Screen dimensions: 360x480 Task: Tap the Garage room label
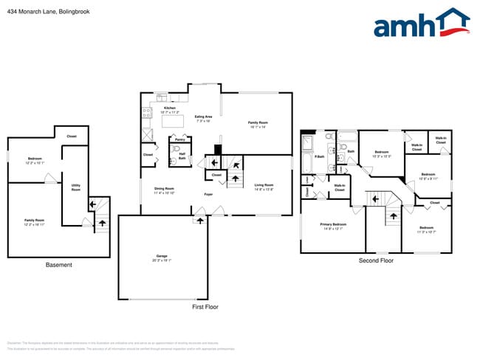tap(162, 257)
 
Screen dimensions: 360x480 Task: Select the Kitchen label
tap(170, 108)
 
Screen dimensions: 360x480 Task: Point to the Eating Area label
tap(203, 117)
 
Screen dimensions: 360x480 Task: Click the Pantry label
tap(179, 139)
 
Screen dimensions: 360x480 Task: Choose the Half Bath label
tap(182, 156)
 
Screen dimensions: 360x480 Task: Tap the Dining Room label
tap(165, 187)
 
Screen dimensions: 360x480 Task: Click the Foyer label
tap(209, 195)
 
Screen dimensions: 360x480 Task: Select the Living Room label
tap(264, 186)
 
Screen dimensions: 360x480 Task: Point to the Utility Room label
tap(75, 187)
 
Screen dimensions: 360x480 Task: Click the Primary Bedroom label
tap(333, 224)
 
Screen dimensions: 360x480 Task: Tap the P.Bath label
tap(320, 156)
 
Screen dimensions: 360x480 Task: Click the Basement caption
tap(59, 265)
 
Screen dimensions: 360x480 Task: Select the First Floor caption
tap(205, 306)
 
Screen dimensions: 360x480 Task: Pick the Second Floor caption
tap(376, 260)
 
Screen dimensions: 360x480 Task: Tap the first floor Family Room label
tap(258, 123)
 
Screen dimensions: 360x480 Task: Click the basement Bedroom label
tap(35, 159)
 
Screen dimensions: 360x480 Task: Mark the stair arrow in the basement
tap(101, 219)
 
